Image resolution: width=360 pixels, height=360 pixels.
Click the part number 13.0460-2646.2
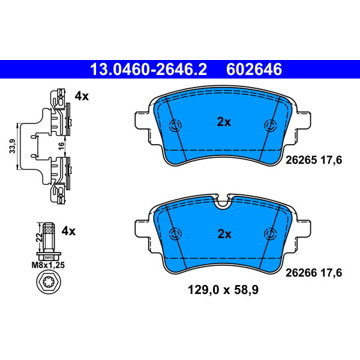coord(149,70)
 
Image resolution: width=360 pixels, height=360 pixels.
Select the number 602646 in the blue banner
coord(254,70)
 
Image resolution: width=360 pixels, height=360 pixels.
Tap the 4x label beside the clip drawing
coord(82,96)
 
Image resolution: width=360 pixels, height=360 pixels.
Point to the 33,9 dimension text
coord(12,146)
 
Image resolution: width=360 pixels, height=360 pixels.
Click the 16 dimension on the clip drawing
coord(62,147)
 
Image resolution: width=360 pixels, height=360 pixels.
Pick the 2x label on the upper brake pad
coord(224,123)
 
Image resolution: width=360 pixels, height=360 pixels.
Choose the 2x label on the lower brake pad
coord(224,235)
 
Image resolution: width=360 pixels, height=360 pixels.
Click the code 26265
coord(300,161)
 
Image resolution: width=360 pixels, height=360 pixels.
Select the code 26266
coord(300,273)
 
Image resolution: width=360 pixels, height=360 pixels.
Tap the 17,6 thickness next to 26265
coord(330,161)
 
